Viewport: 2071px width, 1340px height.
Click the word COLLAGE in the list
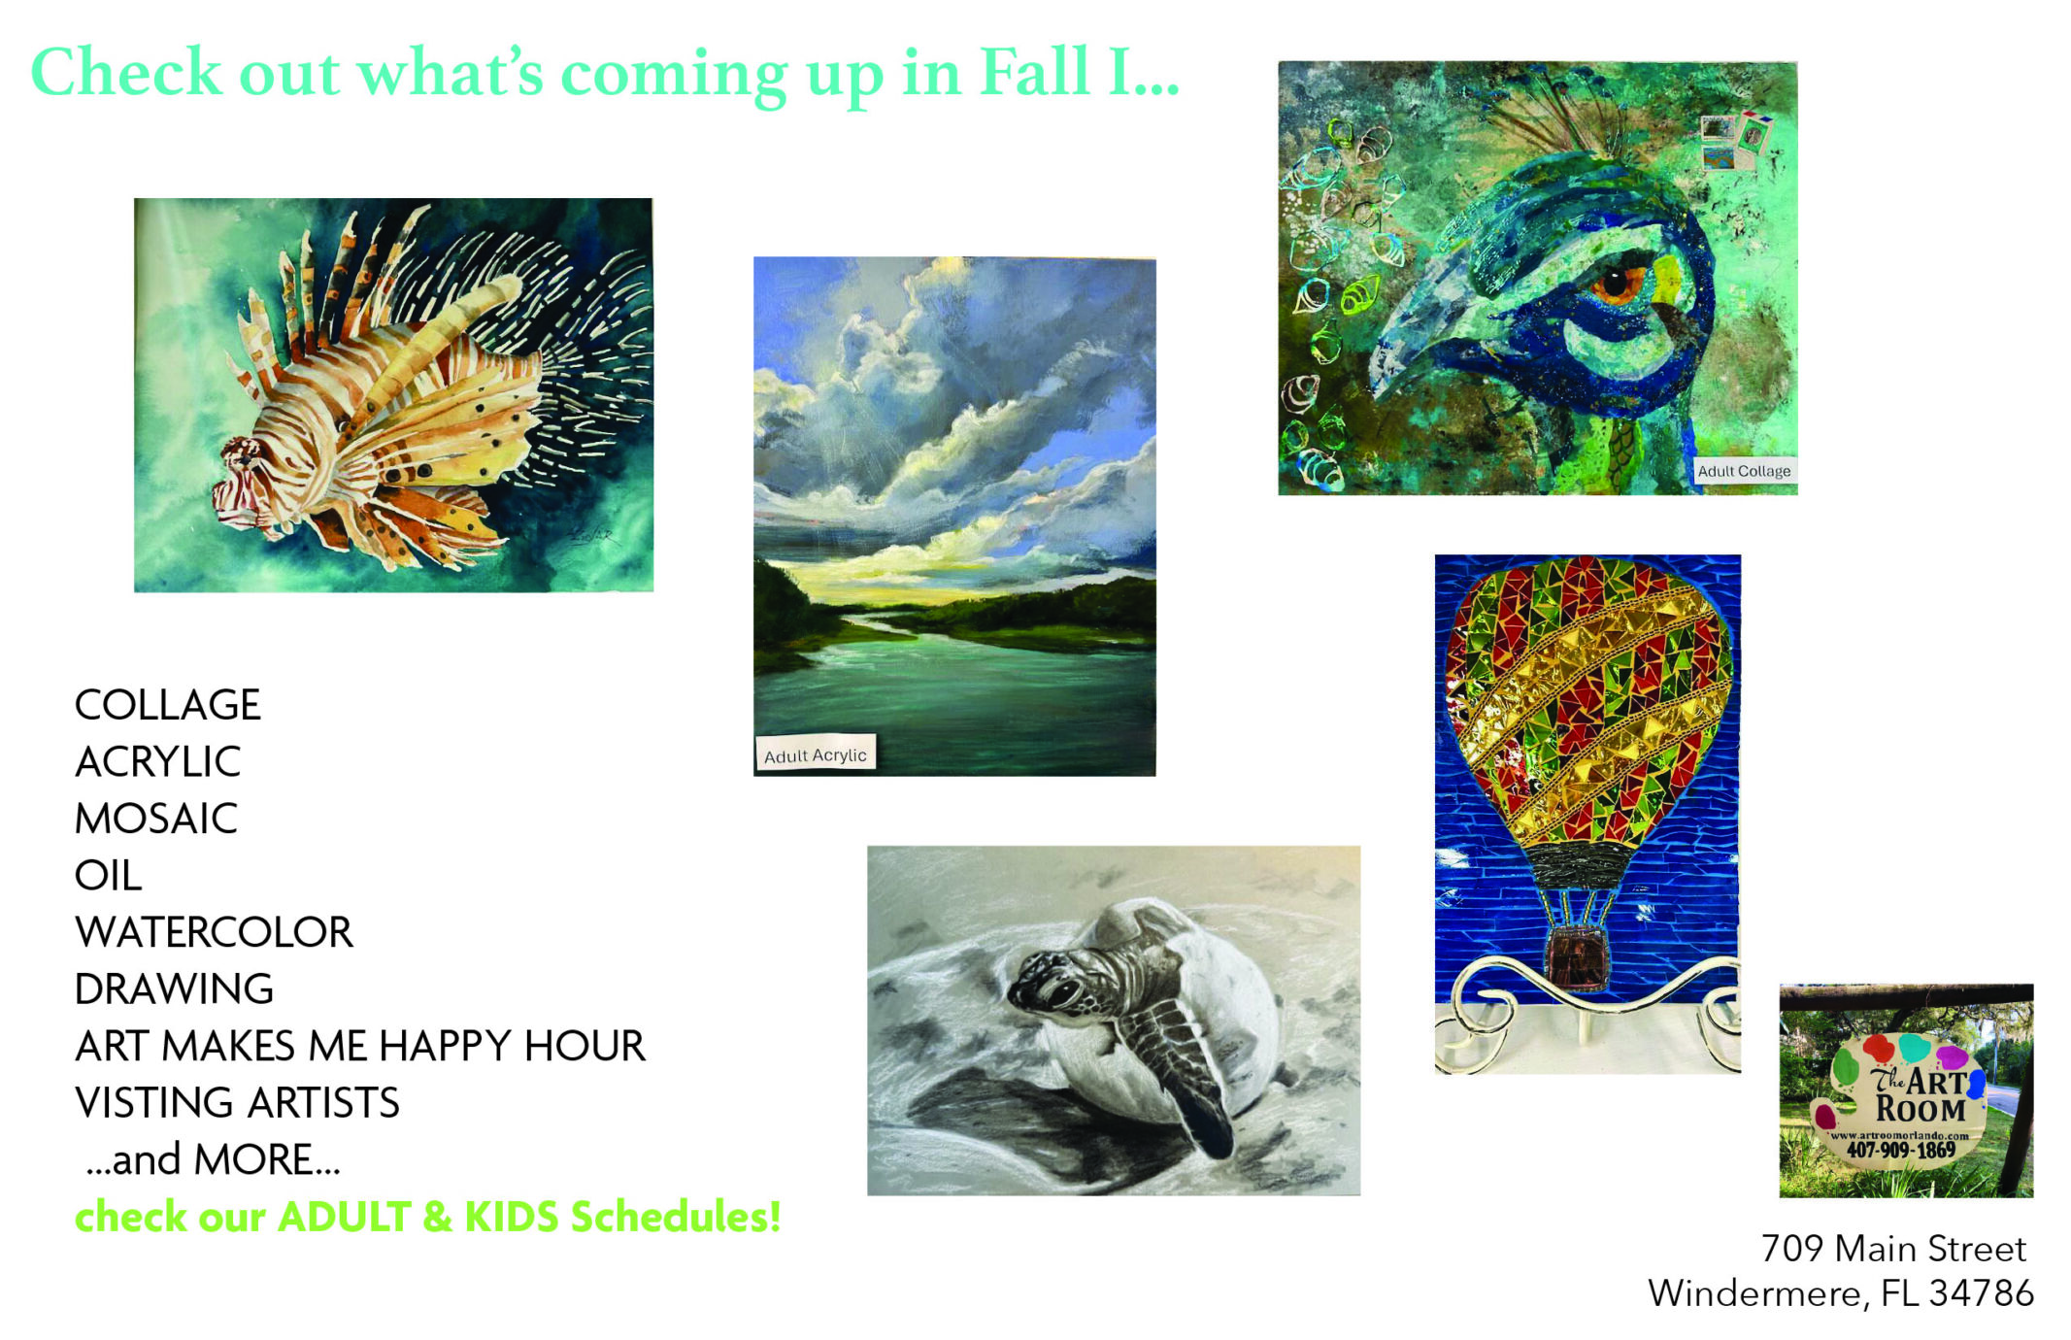[x=168, y=705]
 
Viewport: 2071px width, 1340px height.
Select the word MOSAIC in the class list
[x=156, y=819]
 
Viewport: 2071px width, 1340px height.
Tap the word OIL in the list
[x=109, y=876]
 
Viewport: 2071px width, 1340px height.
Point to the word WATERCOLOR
[x=214, y=932]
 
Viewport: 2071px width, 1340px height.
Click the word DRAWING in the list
[x=175, y=989]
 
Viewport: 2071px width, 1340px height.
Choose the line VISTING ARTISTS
[x=237, y=1103]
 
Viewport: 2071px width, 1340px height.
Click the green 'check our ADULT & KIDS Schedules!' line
[x=428, y=1217]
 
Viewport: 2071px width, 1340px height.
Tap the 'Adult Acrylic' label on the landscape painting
[x=816, y=754]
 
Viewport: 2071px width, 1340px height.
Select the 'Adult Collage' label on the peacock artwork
[x=1744, y=471]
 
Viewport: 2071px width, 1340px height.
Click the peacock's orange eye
[x=1616, y=283]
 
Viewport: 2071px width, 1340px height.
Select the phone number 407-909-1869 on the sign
[x=1900, y=1150]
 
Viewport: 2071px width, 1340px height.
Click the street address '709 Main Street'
[x=1893, y=1249]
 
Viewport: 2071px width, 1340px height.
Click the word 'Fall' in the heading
[x=1035, y=72]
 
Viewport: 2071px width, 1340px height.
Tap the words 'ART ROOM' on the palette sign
[x=1921, y=1095]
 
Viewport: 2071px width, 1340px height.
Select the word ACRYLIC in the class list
[x=157, y=762]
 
